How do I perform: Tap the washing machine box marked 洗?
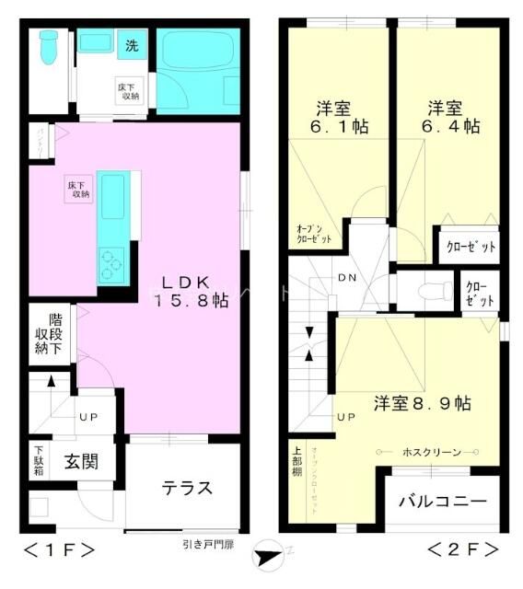[x=132, y=45]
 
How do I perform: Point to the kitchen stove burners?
[x=113, y=264]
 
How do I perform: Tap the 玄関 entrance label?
[x=81, y=460]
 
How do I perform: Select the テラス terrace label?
[x=188, y=487]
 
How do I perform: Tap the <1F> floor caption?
[x=59, y=550]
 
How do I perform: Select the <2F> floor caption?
[x=462, y=550]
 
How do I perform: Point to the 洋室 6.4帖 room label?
[x=445, y=115]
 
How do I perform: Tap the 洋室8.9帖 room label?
[x=423, y=403]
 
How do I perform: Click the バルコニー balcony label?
[x=442, y=502]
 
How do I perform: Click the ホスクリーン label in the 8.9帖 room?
[x=427, y=452]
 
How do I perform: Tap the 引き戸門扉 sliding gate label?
[x=208, y=543]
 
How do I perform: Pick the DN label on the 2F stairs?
[x=347, y=278]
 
